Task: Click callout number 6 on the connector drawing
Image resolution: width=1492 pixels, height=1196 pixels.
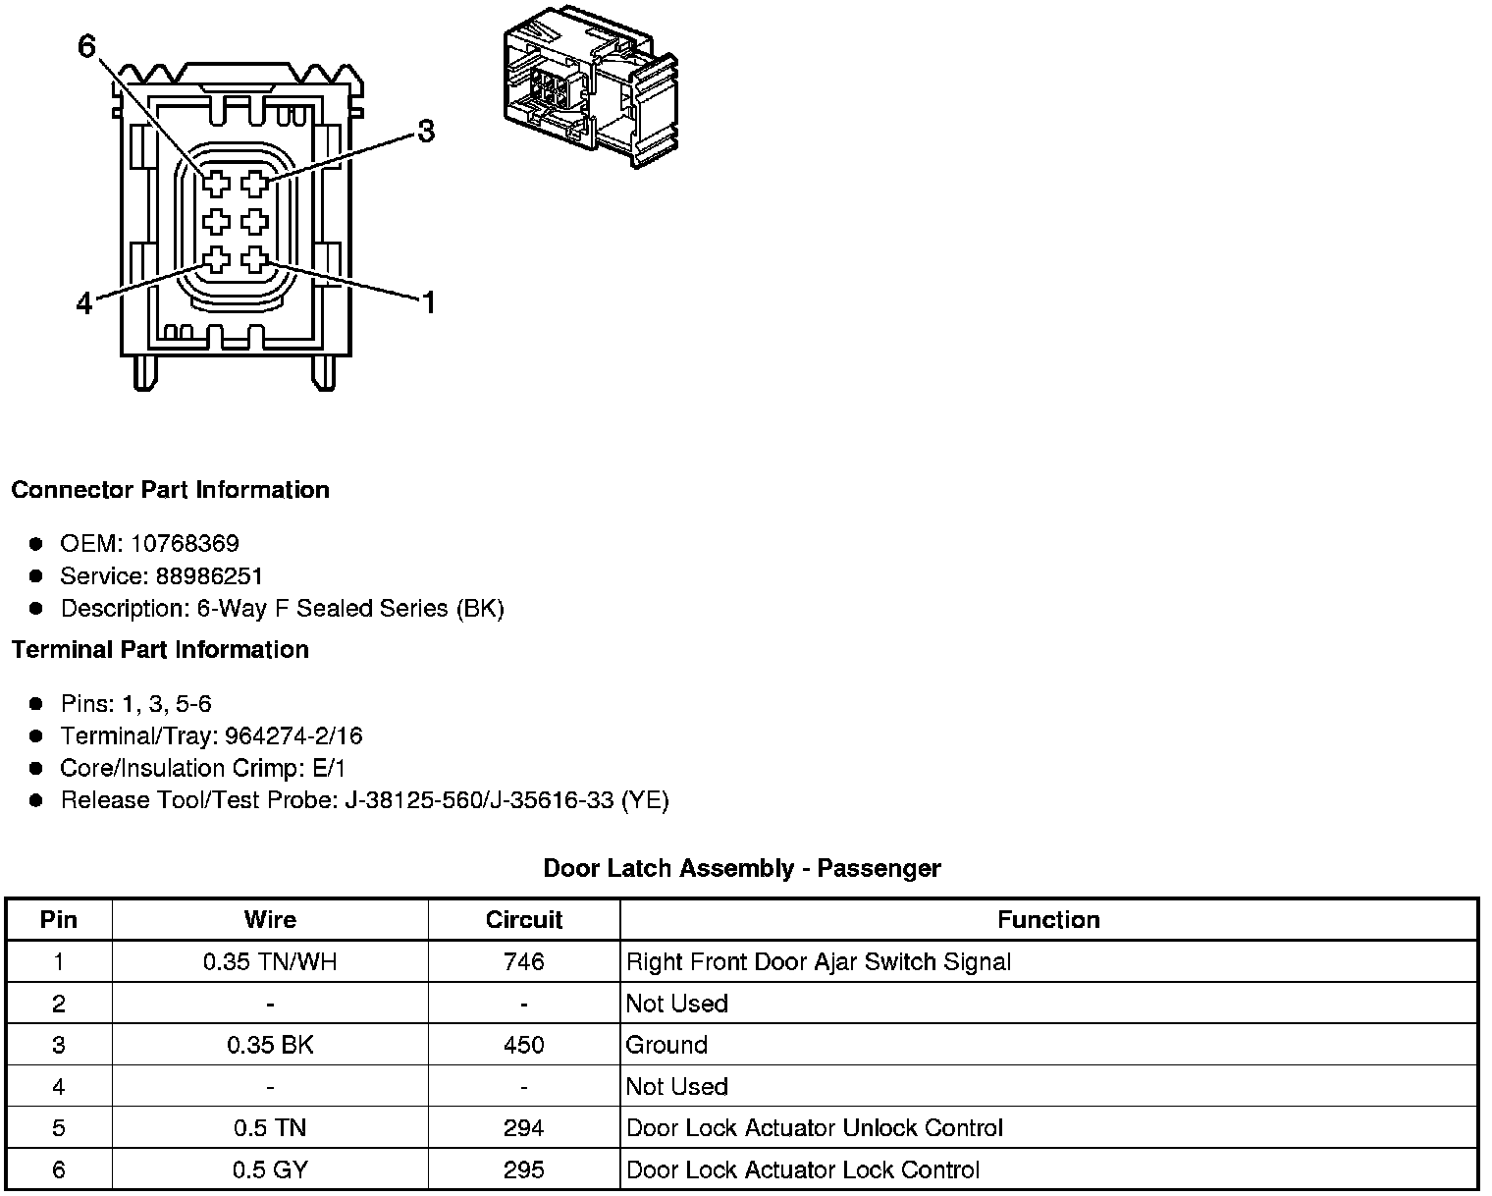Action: [86, 46]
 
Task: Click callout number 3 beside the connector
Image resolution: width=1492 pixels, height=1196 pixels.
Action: [426, 132]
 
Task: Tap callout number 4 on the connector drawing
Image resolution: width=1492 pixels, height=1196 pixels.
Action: [83, 303]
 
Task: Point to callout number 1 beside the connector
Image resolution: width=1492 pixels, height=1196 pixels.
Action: [429, 302]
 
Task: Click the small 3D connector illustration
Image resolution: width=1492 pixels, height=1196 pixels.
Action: [591, 85]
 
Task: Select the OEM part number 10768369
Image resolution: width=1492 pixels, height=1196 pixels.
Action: [185, 543]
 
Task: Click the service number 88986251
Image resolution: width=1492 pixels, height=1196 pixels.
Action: [209, 575]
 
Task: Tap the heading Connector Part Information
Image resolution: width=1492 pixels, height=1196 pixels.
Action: [171, 490]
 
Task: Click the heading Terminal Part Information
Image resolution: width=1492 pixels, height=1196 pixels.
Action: [160, 649]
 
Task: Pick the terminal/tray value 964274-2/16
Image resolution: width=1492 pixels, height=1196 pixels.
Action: [293, 735]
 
